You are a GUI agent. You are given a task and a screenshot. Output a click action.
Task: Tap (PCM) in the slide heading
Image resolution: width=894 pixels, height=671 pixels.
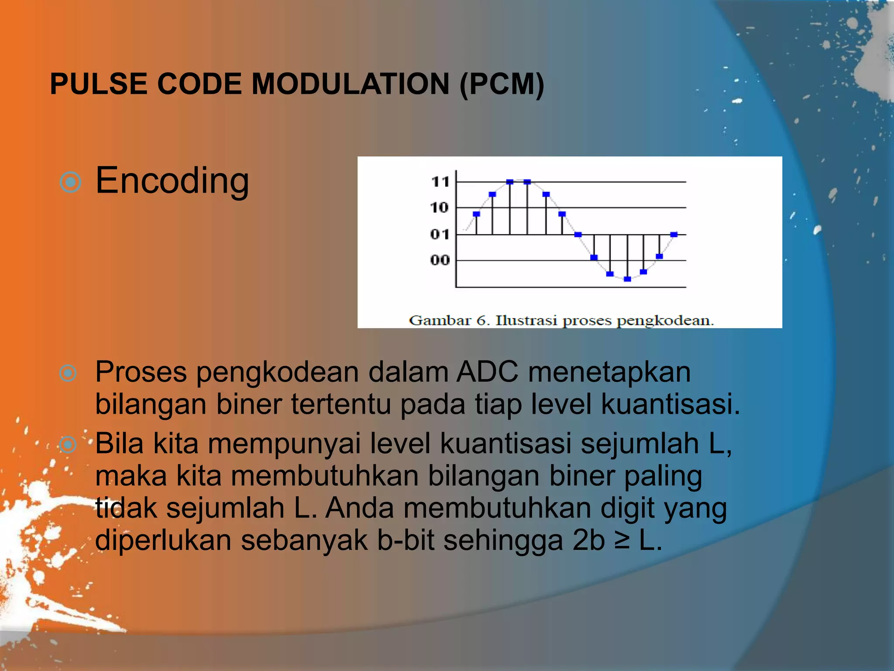click(502, 84)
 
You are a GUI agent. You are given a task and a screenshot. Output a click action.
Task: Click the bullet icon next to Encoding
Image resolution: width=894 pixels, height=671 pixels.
click(70, 182)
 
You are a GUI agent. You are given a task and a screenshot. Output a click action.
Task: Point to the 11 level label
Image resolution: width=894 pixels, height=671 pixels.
click(440, 181)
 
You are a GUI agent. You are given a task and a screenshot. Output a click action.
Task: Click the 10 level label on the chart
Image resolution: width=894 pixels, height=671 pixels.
click(439, 208)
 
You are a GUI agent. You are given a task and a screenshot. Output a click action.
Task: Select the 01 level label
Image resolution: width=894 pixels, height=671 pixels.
click(439, 235)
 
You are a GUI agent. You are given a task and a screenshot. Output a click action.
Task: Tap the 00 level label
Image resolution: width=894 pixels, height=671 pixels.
click(439, 260)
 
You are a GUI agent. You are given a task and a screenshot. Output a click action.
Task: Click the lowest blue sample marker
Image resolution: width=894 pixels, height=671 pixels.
click(627, 279)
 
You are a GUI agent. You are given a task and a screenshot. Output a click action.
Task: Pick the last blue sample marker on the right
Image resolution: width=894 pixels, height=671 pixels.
click(674, 235)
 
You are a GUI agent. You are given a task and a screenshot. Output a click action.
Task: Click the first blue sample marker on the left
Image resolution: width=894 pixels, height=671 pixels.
click(476, 214)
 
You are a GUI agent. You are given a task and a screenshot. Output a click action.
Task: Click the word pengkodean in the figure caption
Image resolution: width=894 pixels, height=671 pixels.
click(664, 321)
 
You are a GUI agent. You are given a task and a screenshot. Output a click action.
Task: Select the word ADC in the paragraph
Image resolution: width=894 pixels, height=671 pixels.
click(488, 373)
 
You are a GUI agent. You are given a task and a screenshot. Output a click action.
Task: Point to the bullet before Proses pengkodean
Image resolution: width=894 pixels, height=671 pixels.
click(68, 373)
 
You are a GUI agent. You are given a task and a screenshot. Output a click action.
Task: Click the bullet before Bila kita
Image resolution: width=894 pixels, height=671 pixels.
click(68, 445)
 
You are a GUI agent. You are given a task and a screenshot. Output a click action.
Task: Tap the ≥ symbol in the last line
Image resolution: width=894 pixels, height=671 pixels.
click(622, 540)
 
